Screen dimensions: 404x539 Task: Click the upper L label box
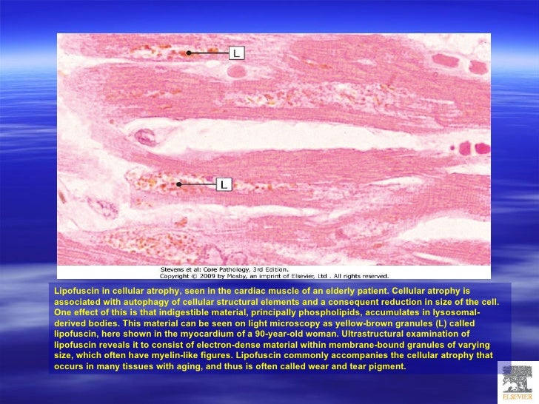(x=236, y=53)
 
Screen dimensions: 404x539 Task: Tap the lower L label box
(x=223, y=184)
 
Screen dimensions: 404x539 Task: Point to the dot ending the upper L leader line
(x=190, y=53)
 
